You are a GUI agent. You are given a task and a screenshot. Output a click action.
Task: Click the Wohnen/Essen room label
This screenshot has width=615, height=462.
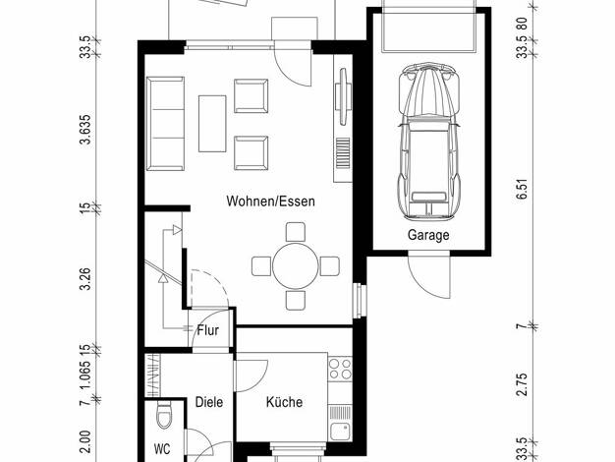[270, 201]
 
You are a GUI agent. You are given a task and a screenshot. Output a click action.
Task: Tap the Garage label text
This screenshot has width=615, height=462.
[428, 235]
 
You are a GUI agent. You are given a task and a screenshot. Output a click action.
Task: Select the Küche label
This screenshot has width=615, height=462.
[284, 402]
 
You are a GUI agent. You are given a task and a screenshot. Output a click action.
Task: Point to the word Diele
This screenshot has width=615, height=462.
[209, 402]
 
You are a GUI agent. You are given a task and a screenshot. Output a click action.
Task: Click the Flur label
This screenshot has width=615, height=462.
[208, 330]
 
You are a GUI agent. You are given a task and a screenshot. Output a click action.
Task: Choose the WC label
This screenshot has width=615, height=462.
[162, 448]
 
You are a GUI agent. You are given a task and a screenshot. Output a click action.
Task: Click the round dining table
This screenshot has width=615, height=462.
[296, 265]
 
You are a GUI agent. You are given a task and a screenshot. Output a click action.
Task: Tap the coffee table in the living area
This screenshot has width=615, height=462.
[212, 123]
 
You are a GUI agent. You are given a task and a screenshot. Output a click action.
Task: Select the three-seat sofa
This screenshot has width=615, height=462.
[165, 124]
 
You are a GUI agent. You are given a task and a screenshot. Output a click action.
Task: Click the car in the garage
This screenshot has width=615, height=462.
[428, 142]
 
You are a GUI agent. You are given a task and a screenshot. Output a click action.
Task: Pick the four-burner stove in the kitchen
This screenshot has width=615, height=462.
[340, 369]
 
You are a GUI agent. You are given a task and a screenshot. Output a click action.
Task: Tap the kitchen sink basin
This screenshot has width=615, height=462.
[340, 431]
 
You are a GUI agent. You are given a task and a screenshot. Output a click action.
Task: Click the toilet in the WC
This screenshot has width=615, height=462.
[164, 415]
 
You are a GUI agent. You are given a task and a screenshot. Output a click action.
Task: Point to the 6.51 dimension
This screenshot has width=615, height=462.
[522, 189]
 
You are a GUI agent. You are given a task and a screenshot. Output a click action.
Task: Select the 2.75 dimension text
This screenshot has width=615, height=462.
[522, 384]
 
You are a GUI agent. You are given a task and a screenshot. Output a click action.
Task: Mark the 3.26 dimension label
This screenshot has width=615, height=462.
[84, 279]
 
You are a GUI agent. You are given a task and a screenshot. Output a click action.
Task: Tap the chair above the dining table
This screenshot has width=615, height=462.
[296, 232]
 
